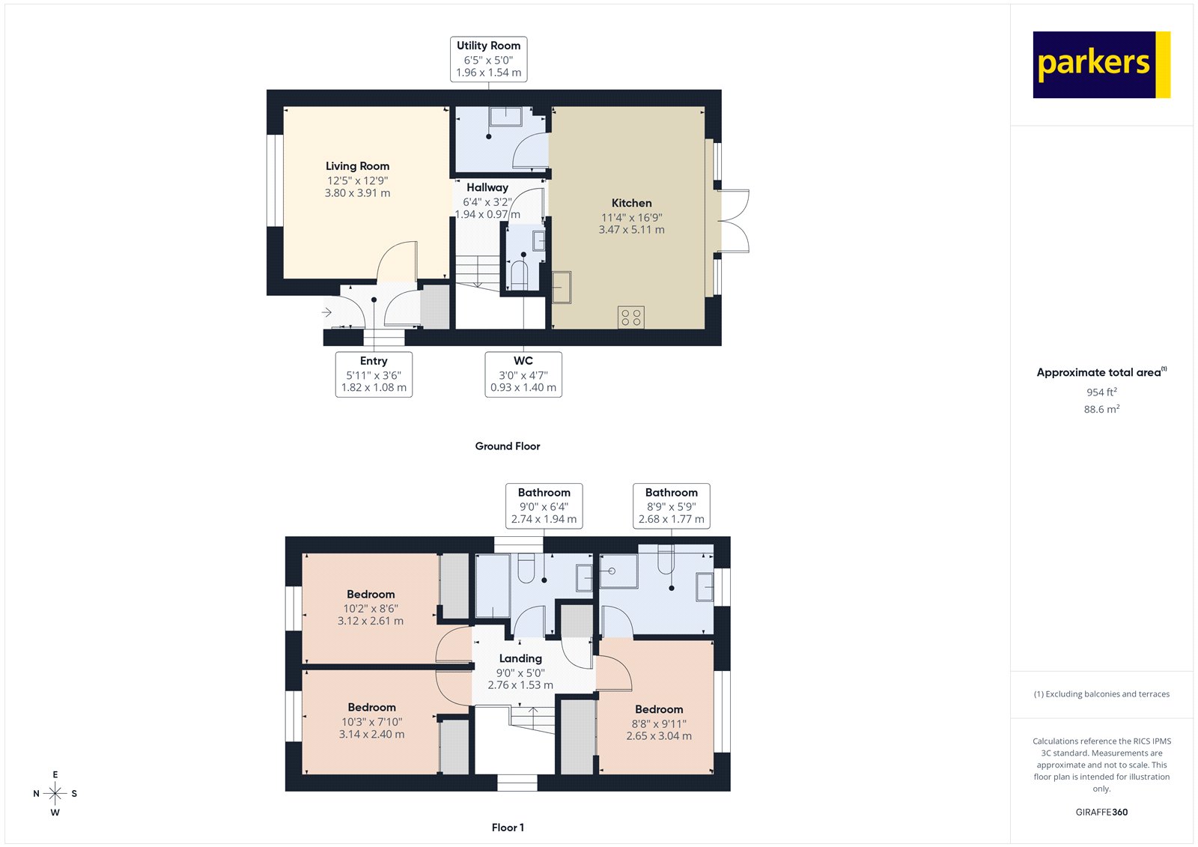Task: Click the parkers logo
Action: [1101, 64]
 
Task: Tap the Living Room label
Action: [357, 166]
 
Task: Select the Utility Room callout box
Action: [488, 58]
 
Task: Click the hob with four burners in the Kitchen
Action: [631, 317]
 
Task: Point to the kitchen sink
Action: [562, 287]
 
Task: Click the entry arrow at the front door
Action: [327, 312]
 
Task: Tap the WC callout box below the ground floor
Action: [523, 374]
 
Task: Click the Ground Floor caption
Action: [507, 446]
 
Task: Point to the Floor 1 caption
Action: [508, 828]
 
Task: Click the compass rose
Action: [55, 793]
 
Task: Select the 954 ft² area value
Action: [1101, 392]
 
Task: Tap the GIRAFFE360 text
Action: [1101, 812]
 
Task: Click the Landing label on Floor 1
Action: [520, 658]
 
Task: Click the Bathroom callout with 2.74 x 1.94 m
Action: [544, 506]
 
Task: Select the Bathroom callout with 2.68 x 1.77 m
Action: [671, 506]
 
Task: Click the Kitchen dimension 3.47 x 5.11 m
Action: [631, 230]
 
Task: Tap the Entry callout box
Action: [374, 374]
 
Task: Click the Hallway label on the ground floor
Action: [487, 187]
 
